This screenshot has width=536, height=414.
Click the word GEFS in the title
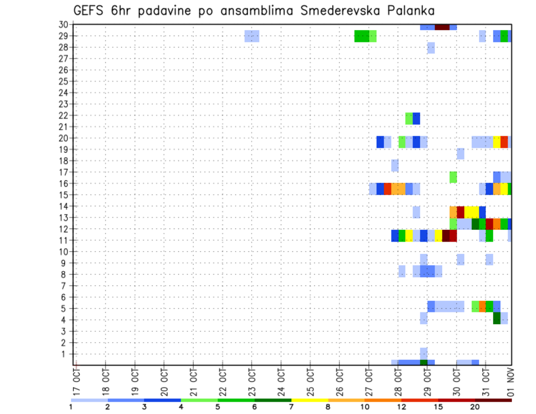90,11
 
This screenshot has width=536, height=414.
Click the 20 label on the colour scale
475,407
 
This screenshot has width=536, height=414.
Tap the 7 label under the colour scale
291,407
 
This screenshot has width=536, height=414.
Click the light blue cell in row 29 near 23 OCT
252,36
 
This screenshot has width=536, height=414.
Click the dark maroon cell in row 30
442,27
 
